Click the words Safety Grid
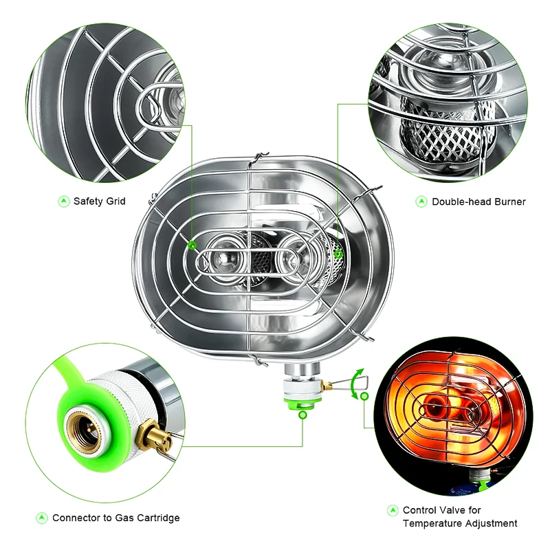coord(100,201)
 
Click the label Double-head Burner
coord(478,201)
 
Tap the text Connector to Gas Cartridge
coord(116,518)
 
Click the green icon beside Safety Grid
coord(63,201)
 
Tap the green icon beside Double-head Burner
coord(421,201)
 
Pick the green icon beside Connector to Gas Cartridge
coord(41,518)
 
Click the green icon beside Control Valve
coord(393,511)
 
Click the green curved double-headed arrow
coord(355,382)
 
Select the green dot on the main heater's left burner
coord(192,245)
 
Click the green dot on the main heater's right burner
coord(338,254)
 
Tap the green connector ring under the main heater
coord(302,400)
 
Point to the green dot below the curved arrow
coord(364,397)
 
